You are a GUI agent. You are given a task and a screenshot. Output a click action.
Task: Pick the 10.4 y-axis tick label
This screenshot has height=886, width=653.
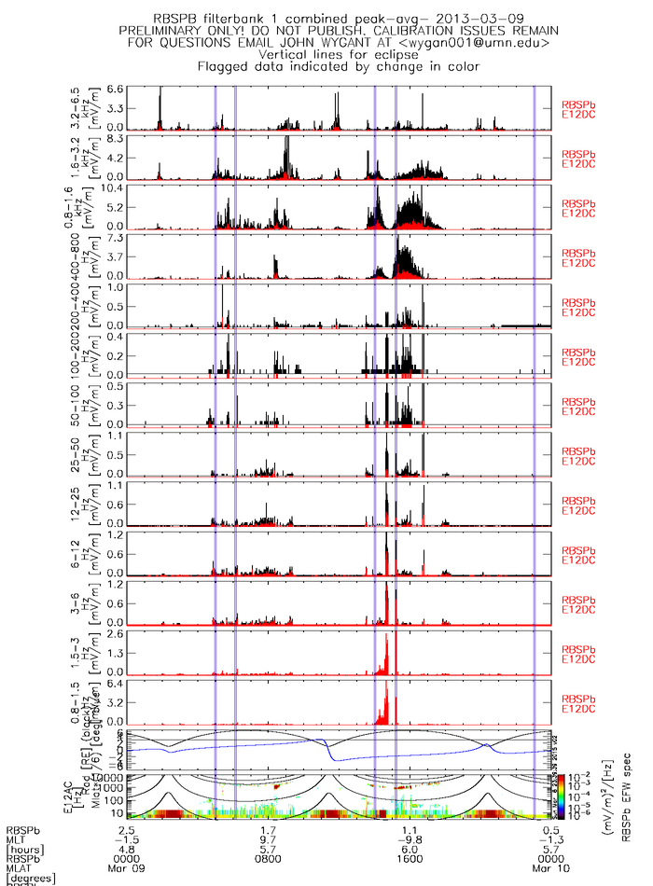click(x=113, y=187)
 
